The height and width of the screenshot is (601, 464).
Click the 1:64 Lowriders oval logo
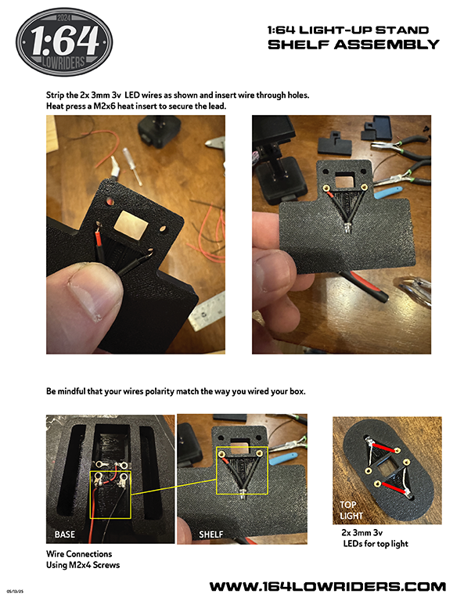click(x=64, y=41)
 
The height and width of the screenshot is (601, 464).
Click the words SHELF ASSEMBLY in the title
click(x=353, y=45)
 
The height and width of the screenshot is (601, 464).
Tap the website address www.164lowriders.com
click(x=328, y=586)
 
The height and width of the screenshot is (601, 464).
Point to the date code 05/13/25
click(x=15, y=592)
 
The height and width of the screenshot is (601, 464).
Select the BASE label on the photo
click(x=64, y=534)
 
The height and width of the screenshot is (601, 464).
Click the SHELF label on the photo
click(x=210, y=534)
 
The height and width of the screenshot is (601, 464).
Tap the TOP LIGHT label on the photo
click(x=351, y=510)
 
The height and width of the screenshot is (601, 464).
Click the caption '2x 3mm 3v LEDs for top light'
click(x=375, y=538)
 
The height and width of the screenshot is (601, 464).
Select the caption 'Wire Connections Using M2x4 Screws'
click(x=83, y=560)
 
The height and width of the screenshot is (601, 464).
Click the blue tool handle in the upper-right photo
click(x=389, y=193)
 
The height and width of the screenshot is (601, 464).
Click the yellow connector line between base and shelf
click(x=174, y=488)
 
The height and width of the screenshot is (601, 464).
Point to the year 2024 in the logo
click(x=63, y=18)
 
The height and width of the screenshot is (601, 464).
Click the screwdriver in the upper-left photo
click(x=132, y=167)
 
